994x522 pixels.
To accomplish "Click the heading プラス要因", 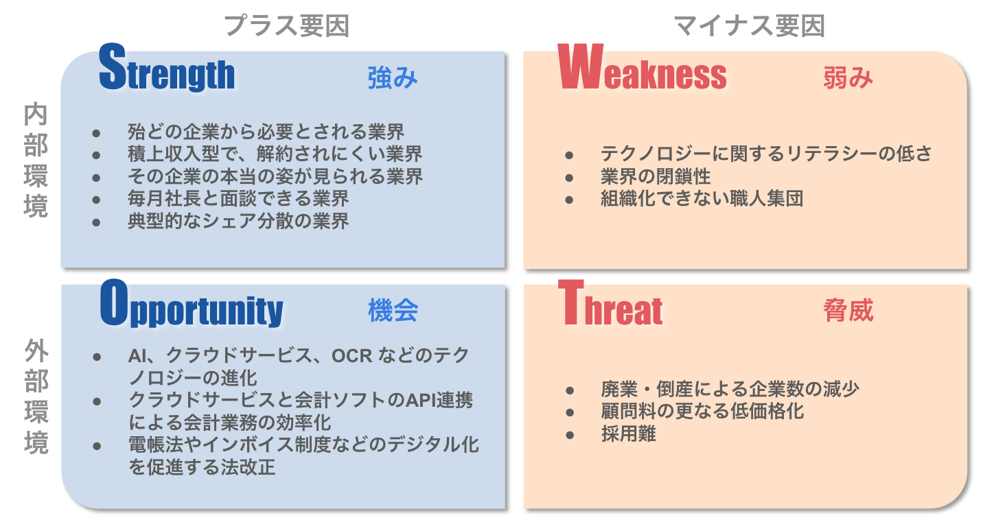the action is coord(287,26).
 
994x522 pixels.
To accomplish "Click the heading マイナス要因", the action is coord(750,26).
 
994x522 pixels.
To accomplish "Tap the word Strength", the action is coord(166,68).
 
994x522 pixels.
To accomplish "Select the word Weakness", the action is coord(642,67).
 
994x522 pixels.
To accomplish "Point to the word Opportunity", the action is coord(192,304).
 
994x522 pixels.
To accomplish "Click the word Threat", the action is coord(610,303).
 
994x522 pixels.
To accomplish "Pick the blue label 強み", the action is coord(393,78).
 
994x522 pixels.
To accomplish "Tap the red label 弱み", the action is coord(848,78).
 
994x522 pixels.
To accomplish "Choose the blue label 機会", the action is coord(393,310).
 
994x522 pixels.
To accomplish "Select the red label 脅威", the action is coord(848,310).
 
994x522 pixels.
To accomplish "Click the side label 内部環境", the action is coord(36,160).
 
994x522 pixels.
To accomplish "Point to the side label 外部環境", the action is coord(36,396).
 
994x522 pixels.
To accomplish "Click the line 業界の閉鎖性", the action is coord(656,176).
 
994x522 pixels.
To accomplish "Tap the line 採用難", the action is coord(628,434).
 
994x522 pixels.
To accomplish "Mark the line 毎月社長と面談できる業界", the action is coord(238,199).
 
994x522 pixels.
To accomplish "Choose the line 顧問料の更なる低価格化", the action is coord(702,411).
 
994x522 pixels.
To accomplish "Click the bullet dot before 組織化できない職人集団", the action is coord(569,200).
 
